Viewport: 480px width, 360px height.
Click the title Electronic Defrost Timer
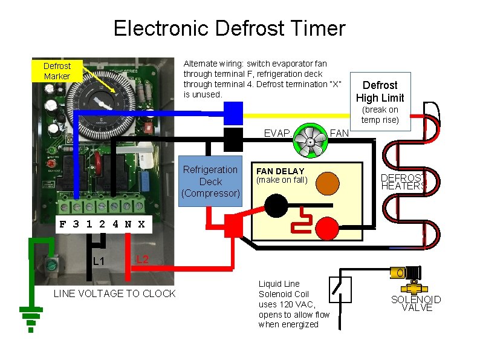click(x=229, y=28)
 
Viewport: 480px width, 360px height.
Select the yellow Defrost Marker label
click(x=57, y=71)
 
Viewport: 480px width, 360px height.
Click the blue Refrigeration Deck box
click(x=210, y=182)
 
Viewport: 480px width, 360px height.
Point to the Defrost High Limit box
click(x=380, y=91)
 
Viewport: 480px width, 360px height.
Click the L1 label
click(x=99, y=261)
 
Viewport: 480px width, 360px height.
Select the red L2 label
click(x=142, y=260)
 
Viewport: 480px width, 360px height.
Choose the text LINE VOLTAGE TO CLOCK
click(x=114, y=293)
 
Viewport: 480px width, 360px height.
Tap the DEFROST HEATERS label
click(x=402, y=182)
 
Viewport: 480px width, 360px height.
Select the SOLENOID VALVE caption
click(x=416, y=303)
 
